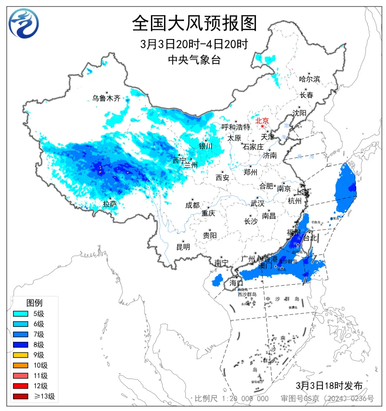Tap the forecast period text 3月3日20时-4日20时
(x=194, y=45)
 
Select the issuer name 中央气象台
(x=194, y=59)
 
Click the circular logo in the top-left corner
(x=24, y=23)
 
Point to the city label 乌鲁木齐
(x=106, y=98)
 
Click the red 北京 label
(x=262, y=120)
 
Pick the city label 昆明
(x=183, y=247)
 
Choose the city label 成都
(x=192, y=205)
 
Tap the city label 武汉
(x=257, y=203)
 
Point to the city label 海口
(x=236, y=283)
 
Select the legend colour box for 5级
(x=22, y=314)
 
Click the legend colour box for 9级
(x=22, y=355)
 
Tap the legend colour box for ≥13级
(x=22, y=396)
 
